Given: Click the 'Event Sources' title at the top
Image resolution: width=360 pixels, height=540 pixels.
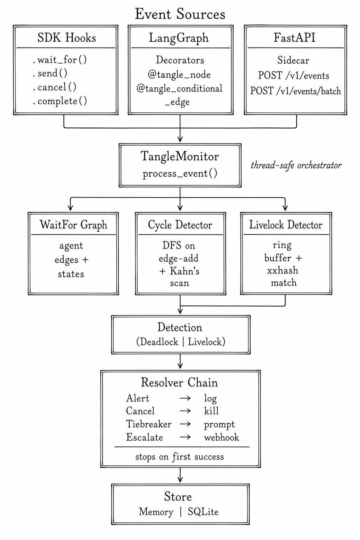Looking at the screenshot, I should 180,14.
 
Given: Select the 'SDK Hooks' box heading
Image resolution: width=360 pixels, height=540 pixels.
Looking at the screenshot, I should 66,38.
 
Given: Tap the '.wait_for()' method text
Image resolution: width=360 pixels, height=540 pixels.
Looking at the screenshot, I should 60,60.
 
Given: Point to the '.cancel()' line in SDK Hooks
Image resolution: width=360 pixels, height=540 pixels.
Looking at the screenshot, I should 54,87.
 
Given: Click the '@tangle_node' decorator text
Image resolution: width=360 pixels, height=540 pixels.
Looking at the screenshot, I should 179,75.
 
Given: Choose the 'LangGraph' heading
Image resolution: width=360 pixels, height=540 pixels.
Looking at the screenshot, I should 179,38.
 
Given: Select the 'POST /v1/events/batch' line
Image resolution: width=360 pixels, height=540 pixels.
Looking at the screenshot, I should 295,91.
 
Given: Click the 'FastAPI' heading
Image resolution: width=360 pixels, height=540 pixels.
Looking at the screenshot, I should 294,38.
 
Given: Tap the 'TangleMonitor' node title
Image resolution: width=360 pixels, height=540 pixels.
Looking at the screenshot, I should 180,156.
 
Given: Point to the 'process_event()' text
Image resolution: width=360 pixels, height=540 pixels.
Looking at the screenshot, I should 180,174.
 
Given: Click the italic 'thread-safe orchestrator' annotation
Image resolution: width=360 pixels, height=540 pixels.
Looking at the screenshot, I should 296,165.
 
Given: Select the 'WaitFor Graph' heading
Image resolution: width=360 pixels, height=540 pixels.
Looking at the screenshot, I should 73,225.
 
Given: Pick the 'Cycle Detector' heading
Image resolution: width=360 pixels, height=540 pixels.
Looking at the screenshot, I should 180,225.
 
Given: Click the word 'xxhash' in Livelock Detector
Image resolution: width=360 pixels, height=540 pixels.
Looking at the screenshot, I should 282,270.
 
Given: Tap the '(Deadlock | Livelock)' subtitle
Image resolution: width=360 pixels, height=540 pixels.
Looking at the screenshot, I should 180,342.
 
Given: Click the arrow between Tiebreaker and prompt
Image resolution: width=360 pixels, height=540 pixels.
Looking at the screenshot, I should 185,424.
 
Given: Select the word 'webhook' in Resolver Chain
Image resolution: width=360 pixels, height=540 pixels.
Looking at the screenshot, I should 221,437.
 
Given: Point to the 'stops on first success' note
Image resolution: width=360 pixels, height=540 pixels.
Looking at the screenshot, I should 180,457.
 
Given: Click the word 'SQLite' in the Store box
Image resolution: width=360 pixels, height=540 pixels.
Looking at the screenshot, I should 203,512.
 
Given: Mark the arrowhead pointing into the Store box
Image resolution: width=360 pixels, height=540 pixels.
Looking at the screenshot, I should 180,480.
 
